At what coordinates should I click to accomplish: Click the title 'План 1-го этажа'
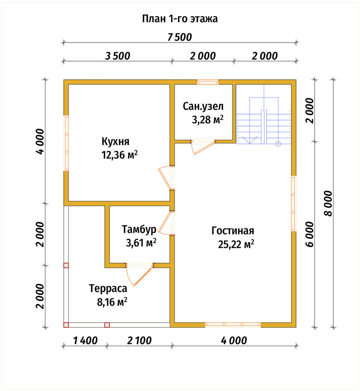(180, 19)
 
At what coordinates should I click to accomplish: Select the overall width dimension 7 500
(180, 37)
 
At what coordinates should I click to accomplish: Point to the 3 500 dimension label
(117, 56)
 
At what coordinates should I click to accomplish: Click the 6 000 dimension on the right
(310, 234)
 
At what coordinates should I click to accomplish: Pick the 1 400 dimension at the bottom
(85, 341)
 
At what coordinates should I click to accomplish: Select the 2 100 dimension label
(139, 341)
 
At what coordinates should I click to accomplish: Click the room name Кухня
(115, 142)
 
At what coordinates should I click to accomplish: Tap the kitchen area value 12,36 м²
(119, 155)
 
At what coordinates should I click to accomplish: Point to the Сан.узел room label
(203, 106)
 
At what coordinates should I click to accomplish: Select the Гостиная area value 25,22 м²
(236, 244)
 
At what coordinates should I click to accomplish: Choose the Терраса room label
(108, 289)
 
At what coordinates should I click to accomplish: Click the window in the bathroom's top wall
(207, 82)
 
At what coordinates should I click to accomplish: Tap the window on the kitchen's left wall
(67, 143)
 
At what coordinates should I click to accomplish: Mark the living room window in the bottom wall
(233, 325)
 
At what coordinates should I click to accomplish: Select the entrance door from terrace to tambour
(139, 274)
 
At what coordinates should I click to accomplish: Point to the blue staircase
(264, 115)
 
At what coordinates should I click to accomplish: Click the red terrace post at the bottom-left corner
(66, 325)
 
